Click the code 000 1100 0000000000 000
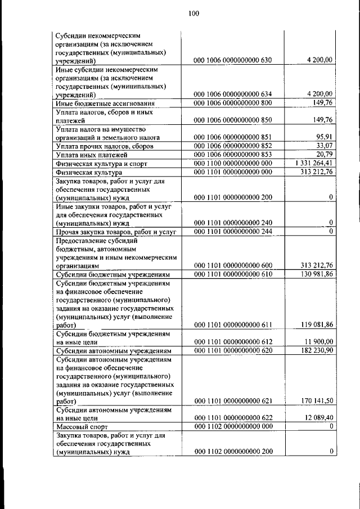coord(233,163)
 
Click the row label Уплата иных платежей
coord(92,155)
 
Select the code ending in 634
coord(233,94)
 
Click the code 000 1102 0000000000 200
coord(233,452)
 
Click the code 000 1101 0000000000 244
coord(233,231)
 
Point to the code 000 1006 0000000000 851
coord(233,137)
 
